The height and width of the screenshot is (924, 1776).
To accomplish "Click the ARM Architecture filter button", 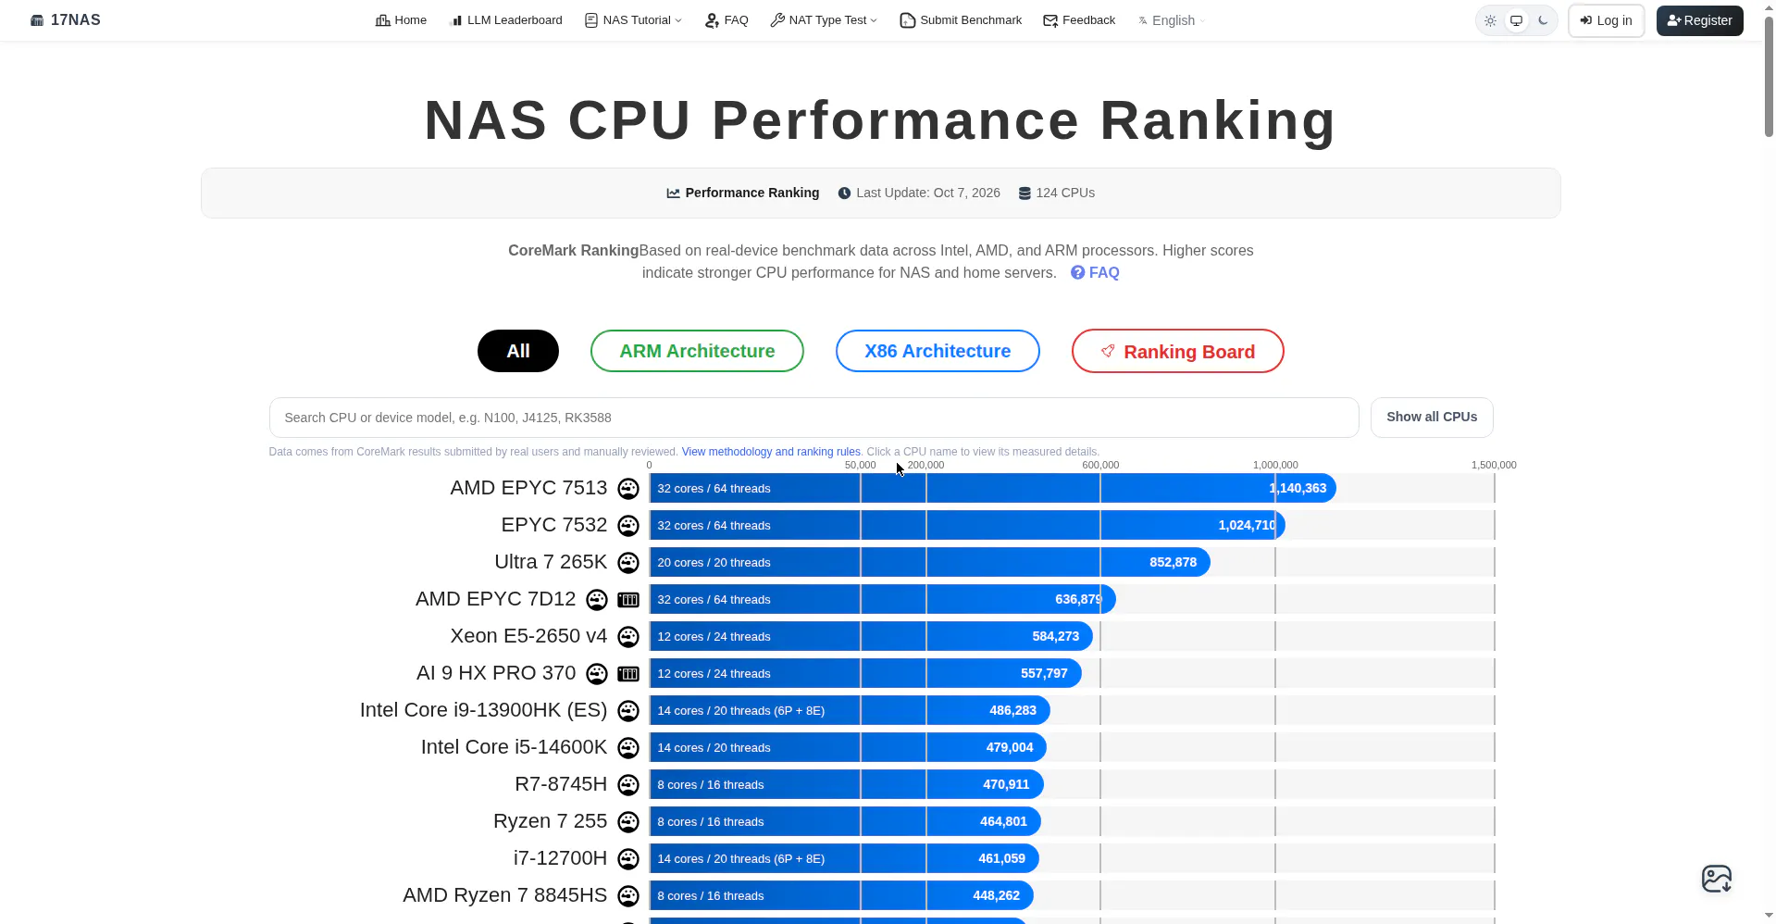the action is coord(697,351).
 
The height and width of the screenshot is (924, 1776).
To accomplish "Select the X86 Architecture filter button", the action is coord(938,351).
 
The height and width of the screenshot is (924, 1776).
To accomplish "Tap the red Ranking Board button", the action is coord(1177,351).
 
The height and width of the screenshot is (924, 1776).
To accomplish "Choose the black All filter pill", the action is coord(518,351).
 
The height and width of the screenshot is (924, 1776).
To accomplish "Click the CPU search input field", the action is coord(813,418).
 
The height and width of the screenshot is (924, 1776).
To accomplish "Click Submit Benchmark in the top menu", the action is coord(961,20).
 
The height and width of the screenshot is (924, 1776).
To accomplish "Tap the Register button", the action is coord(1699,20).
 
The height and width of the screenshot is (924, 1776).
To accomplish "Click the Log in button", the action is coord(1606,20).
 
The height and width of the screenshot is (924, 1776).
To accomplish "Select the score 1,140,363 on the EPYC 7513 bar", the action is coord(1298,488).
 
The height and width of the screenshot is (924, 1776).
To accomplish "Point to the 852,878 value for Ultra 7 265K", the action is coord(1173,562).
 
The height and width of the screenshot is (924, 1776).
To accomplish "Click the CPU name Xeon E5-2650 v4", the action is coord(528,636).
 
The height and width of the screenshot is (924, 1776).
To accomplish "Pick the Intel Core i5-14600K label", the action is coord(514,747).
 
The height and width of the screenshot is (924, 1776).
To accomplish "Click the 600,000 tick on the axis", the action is coord(1100,465).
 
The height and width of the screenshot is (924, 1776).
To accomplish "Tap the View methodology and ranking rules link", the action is coord(771,452).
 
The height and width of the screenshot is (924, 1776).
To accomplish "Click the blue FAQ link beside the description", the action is coord(1095,273).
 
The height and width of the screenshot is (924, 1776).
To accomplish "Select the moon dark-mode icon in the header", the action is coord(1543,20).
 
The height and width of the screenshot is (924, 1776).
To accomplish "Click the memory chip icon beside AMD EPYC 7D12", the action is coord(628,599).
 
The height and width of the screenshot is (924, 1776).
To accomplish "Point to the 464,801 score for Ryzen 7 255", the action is coord(1003,821).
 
